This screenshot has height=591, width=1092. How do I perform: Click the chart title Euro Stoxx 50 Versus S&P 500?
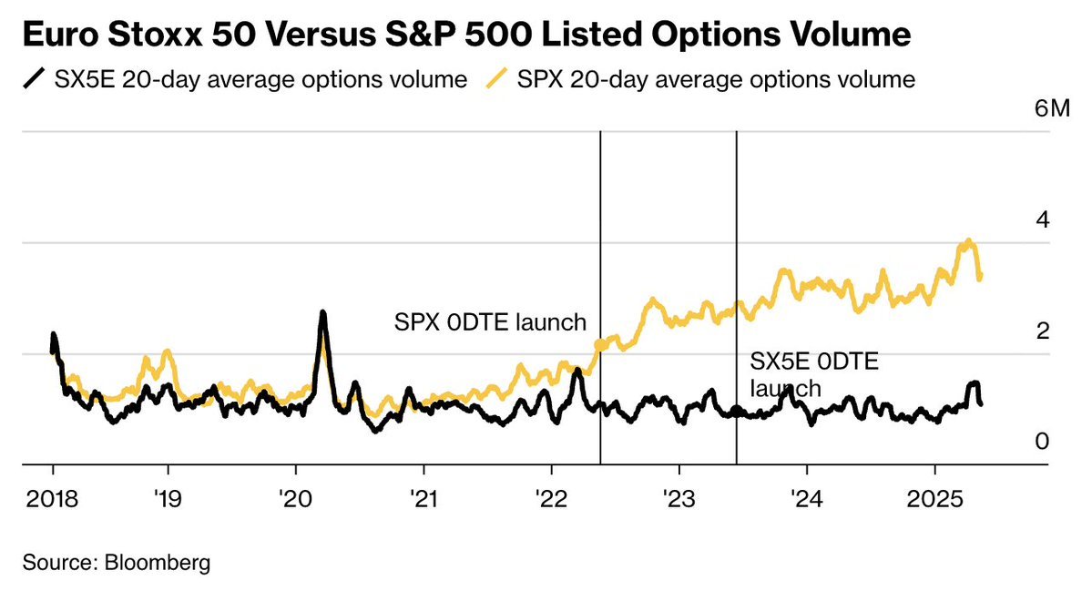point(464,36)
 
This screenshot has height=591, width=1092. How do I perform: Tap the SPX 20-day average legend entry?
point(716,79)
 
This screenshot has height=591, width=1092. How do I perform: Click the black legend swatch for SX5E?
point(33,79)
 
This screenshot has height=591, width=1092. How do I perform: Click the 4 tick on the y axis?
point(1042,219)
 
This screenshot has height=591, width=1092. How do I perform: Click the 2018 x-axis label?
point(53,499)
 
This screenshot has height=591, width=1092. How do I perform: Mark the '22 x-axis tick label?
point(551,499)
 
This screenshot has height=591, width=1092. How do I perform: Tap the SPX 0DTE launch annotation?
point(490,322)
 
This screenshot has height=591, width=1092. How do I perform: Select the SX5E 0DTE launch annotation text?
point(813,374)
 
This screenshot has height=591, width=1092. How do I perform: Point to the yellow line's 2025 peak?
point(968,241)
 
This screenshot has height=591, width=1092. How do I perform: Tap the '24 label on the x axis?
point(807,499)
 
